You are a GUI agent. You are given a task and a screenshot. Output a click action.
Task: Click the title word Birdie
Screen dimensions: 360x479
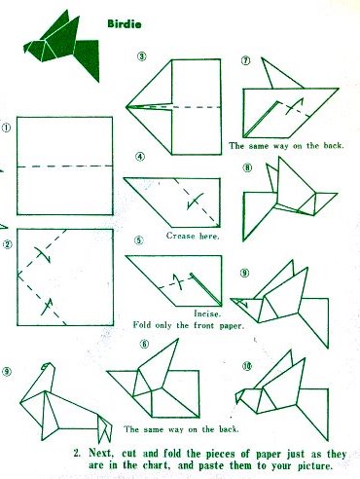pos(125,24)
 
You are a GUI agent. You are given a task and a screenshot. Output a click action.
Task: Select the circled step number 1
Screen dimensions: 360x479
pos(6,128)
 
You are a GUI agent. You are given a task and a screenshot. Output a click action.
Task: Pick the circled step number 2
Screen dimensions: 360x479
pos(7,244)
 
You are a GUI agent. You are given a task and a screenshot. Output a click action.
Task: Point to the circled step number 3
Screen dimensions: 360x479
pos(141,56)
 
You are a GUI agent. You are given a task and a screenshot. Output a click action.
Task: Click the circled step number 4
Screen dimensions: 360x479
pos(140,157)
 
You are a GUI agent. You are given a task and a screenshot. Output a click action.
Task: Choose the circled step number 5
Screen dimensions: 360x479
pos(139,240)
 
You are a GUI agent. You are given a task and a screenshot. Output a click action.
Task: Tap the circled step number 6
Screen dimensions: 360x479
pos(144,344)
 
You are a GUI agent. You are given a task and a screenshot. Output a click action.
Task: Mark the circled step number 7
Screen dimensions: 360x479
pos(246,60)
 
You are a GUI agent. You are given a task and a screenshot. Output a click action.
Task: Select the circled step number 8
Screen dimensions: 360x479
pos(247,167)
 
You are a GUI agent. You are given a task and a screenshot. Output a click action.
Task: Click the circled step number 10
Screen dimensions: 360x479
pos(247,366)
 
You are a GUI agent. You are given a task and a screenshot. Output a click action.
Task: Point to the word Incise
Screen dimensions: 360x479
pos(207,313)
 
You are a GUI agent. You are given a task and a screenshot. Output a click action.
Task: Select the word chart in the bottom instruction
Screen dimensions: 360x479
pos(158,465)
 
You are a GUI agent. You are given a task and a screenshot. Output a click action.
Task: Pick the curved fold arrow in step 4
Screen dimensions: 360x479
pos(196,202)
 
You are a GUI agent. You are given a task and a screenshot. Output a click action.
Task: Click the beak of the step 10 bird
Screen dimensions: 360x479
pos(239,396)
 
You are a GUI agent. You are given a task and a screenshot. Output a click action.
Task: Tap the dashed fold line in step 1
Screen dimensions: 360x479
pos(65,166)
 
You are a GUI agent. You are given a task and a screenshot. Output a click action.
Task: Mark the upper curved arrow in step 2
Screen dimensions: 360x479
pos(43,255)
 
